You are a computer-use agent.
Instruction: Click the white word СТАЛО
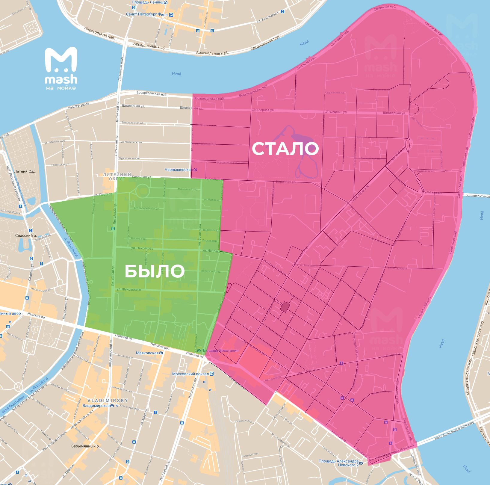tap(285, 149)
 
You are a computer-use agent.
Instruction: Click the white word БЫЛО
tap(154, 271)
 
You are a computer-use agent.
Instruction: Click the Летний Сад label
tap(25, 171)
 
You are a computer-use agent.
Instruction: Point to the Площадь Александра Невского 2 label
tap(338, 463)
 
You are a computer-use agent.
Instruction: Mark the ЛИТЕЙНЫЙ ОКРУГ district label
tap(117, 176)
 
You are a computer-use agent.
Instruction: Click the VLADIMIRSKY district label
tap(108, 400)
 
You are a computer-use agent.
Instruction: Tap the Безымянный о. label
tap(85, 446)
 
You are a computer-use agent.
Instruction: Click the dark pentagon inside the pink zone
tap(285, 307)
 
